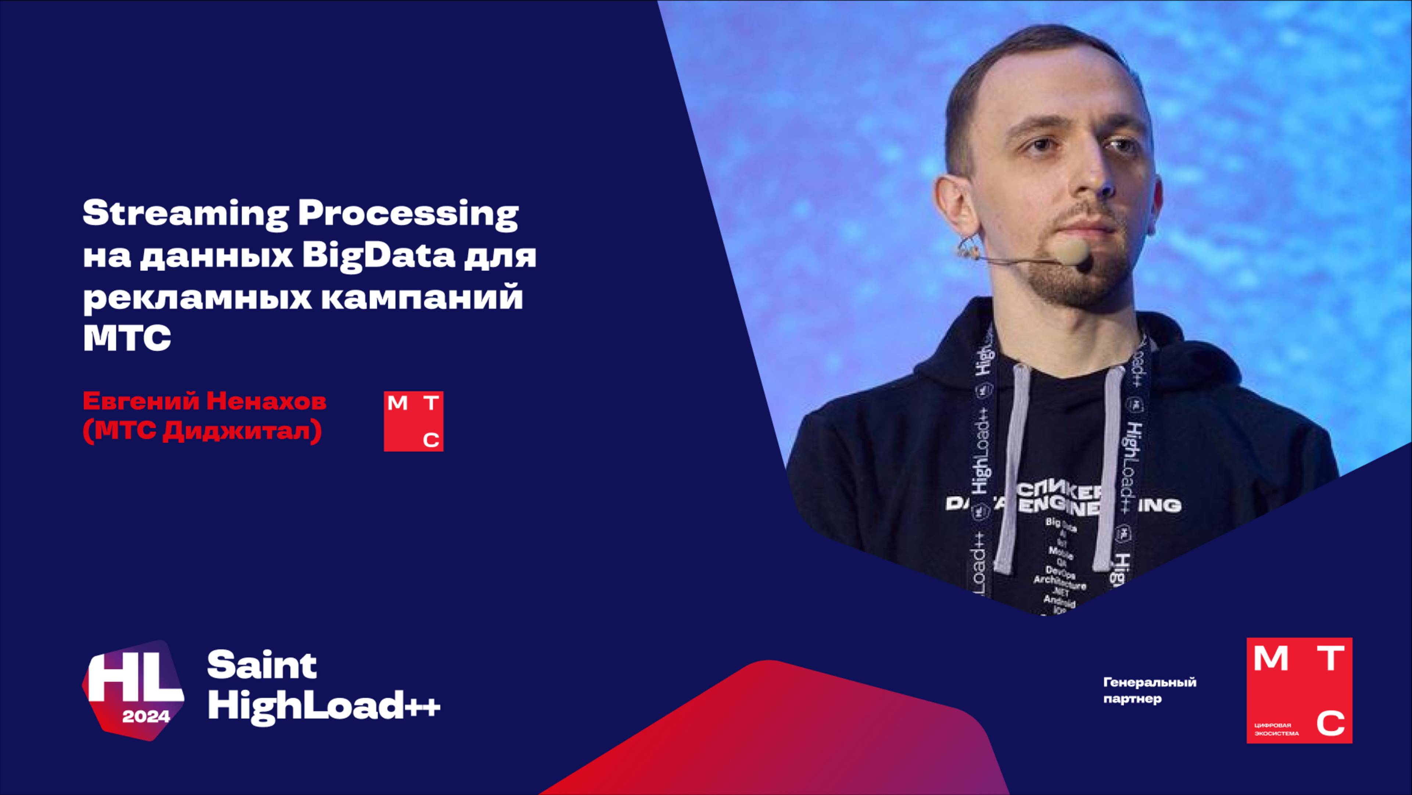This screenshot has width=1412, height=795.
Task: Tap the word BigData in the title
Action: pos(378,257)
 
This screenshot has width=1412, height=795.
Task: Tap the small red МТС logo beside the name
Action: pos(413,421)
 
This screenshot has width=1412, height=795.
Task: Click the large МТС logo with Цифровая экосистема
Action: pos(1299,690)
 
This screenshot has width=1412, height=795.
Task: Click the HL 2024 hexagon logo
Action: pos(133,690)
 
